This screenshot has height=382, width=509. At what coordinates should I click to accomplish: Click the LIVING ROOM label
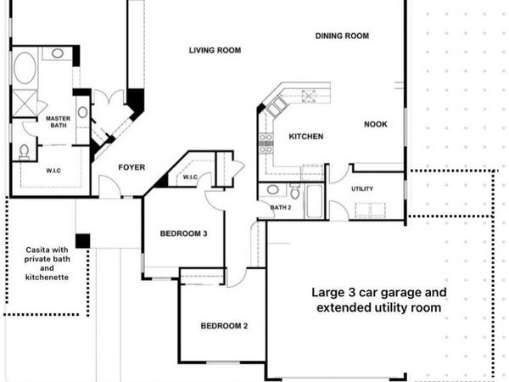point(215,50)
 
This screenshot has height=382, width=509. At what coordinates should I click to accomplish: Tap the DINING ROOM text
point(342,36)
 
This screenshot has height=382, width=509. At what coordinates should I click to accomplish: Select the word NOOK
point(376,124)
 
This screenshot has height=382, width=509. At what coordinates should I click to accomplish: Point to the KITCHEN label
point(305,137)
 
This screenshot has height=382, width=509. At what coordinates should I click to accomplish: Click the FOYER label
point(131,167)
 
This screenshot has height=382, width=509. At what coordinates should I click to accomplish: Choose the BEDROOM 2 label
point(224,326)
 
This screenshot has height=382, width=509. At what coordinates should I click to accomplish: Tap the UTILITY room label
point(362,188)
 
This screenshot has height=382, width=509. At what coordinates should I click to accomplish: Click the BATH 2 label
point(281,207)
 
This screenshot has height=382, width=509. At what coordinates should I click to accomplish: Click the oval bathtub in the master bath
point(25,67)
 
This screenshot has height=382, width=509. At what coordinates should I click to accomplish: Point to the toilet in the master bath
point(24,151)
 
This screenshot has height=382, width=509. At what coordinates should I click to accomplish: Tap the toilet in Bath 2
point(294,192)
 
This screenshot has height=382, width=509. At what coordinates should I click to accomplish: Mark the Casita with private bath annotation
point(47,262)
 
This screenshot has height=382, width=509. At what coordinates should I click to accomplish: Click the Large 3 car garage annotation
point(378,300)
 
